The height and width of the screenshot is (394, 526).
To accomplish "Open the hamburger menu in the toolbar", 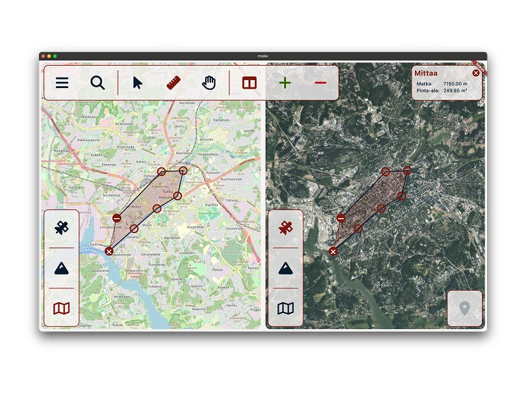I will pyautogui.click(x=62, y=83).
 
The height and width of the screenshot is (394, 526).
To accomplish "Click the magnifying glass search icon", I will pyautogui.click(x=98, y=83).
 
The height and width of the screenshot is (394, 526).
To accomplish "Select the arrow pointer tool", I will pyautogui.click(x=137, y=83).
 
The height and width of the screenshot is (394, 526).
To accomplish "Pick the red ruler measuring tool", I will pyautogui.click(x=174, y=83).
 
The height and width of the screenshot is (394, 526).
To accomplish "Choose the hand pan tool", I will pyautogui.click(x=209, y=83).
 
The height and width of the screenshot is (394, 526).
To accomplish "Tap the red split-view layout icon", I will pyautogui.click(x=249, y=83).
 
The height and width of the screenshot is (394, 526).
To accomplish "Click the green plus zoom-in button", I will pyautogui.click(x=285, y=83).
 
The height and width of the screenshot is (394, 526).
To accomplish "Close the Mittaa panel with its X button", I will pyautogui.click(x=476, y=73).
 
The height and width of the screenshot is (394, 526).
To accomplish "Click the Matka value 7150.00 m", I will pyautogui.click(x=455, y=84).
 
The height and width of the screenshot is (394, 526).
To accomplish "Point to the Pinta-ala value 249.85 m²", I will pyautogui.click(x=455, y=91).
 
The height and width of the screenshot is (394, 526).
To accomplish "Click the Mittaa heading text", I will pyautogui.click(x=426, y=74).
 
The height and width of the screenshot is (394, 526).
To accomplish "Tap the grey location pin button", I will pyautogui.click(x=465, y=308).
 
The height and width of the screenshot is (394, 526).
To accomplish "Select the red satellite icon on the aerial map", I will pyautogui.click(x=285, y=228).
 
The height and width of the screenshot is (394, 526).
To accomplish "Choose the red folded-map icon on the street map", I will pyautogui.click(x=62, y=308).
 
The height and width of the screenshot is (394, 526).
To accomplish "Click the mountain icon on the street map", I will pyautogui.click(x=62, y=268).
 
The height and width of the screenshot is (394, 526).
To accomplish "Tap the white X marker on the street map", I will pyautogui.click(x=109, y=251).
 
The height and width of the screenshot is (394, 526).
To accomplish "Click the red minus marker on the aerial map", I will pyautogui.click(x=341, y=218).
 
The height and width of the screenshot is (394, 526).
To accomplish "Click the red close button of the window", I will pyautogui.click(x=43, y=56).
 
